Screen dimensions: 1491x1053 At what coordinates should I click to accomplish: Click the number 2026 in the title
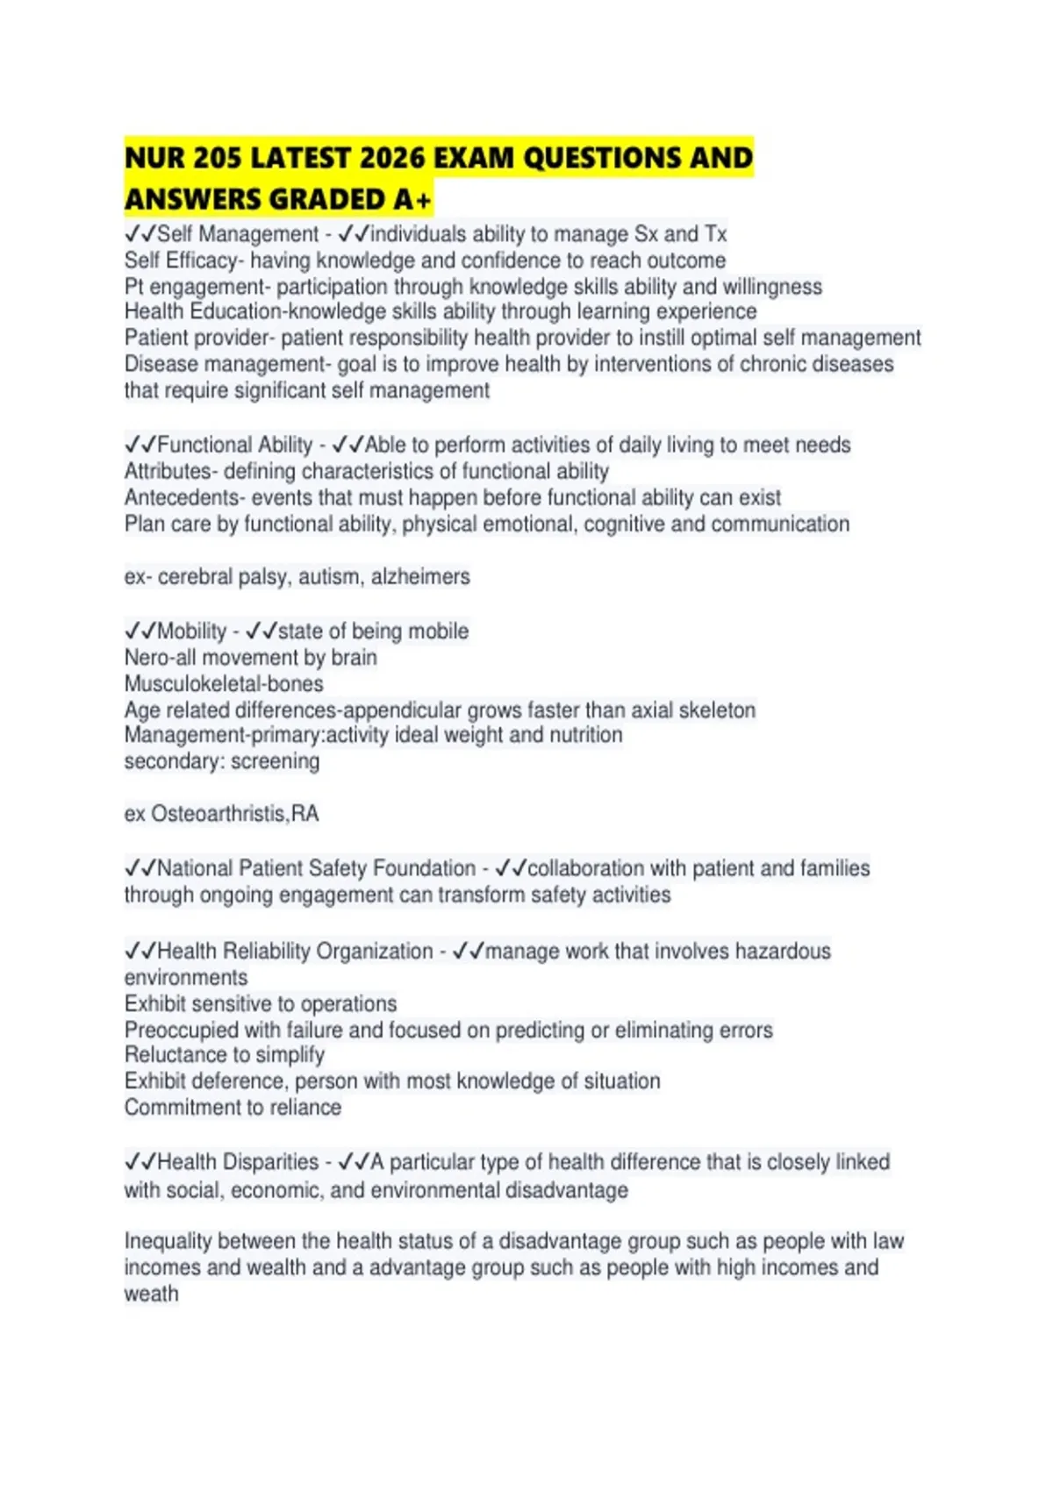[x=392, y=158]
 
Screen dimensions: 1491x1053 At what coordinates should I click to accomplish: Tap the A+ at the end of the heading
[x=412, y=200]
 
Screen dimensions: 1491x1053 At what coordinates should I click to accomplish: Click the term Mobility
[x=191, y=631]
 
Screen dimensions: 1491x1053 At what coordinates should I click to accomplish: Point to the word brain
[x=354, y=657]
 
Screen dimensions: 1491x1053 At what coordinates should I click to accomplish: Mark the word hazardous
[x=783, y=951]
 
